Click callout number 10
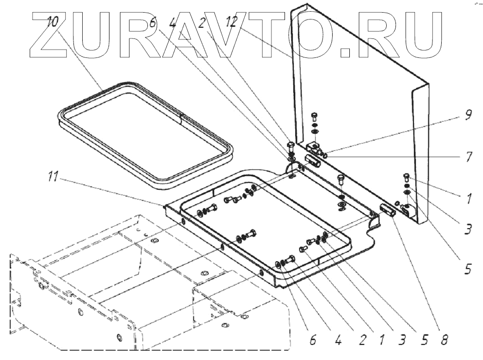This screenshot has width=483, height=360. [53, 22]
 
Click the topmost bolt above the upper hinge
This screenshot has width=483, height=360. [314, 116]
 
